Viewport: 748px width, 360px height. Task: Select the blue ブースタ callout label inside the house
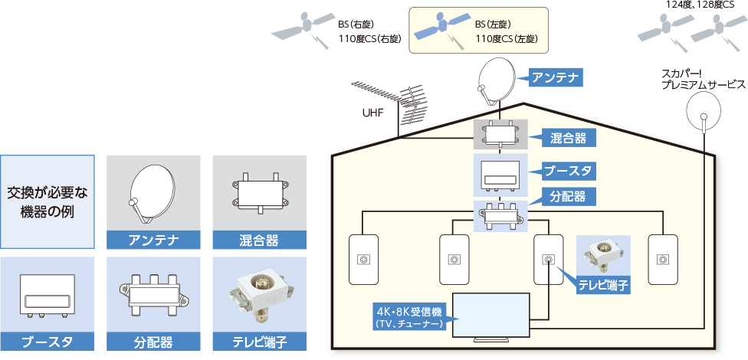click(x=568, y=170)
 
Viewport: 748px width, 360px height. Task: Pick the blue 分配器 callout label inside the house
click(x=568, y=197)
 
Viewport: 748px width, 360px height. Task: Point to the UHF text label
click(x=372, y=113)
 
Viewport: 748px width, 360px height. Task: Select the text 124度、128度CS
click(x=700, y=5)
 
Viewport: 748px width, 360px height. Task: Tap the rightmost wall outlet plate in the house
click(x=662, y=260)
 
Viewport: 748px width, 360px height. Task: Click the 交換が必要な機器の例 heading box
click(x=47, y=201)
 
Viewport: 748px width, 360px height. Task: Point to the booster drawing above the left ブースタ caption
click(x=47, y=295)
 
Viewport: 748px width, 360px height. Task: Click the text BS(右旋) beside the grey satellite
click(x=355, y=24)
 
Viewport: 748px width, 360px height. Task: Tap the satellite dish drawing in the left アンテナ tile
click(x=153, y=192)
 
